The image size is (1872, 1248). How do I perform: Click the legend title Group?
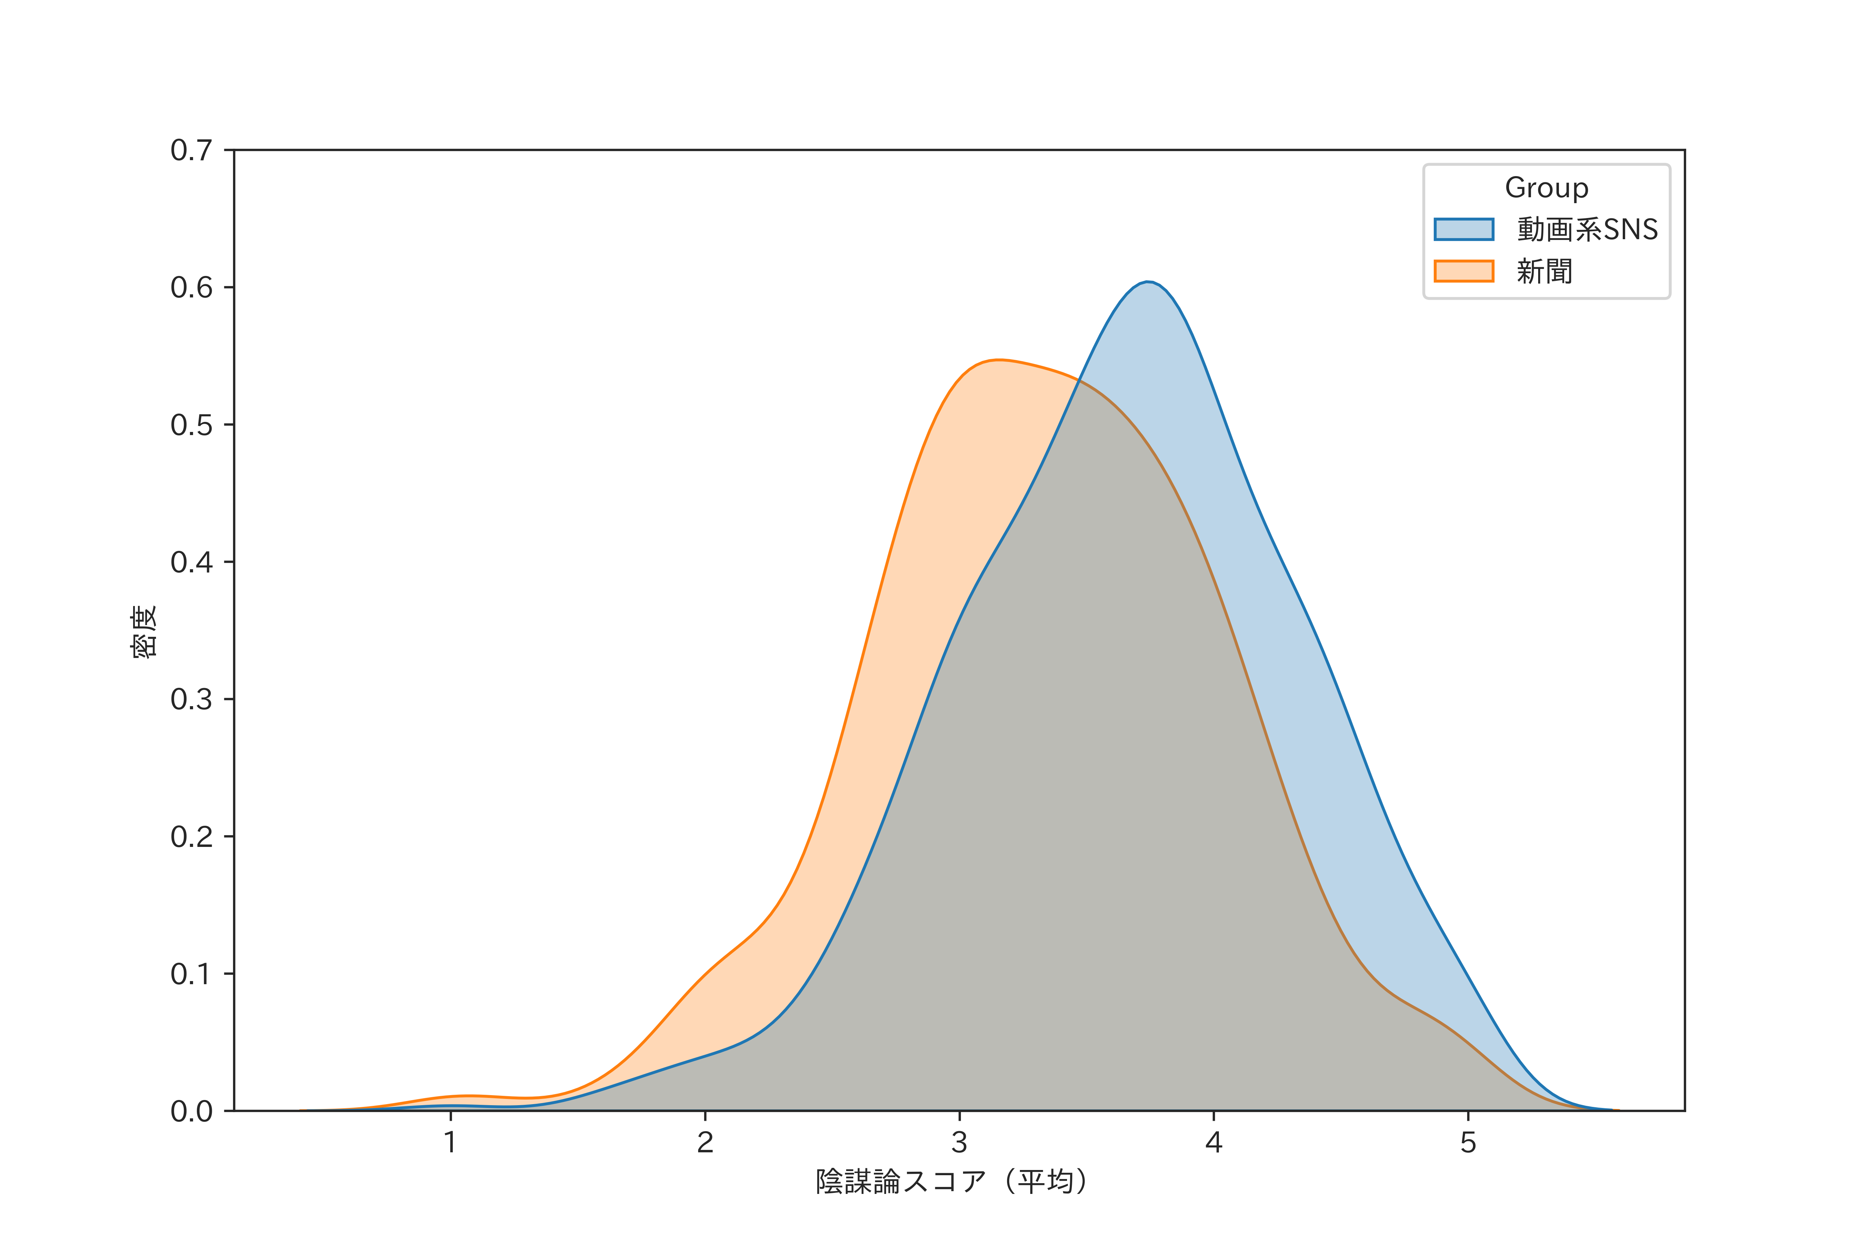[x=1546, y=188]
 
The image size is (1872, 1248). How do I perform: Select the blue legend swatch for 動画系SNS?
[x=1464, y=229]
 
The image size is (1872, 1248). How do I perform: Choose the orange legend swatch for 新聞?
[x=1464, y=271]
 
